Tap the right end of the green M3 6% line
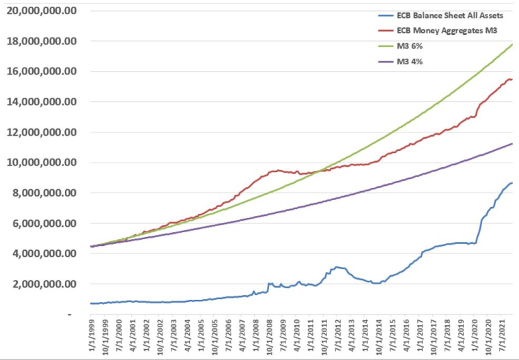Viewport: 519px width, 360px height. point(512,44)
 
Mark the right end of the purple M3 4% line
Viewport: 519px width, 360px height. point(512,143)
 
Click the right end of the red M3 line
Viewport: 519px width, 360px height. point(512,80)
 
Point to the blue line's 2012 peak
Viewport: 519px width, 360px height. point(336,267)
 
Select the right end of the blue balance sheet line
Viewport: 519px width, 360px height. point(512,183)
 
